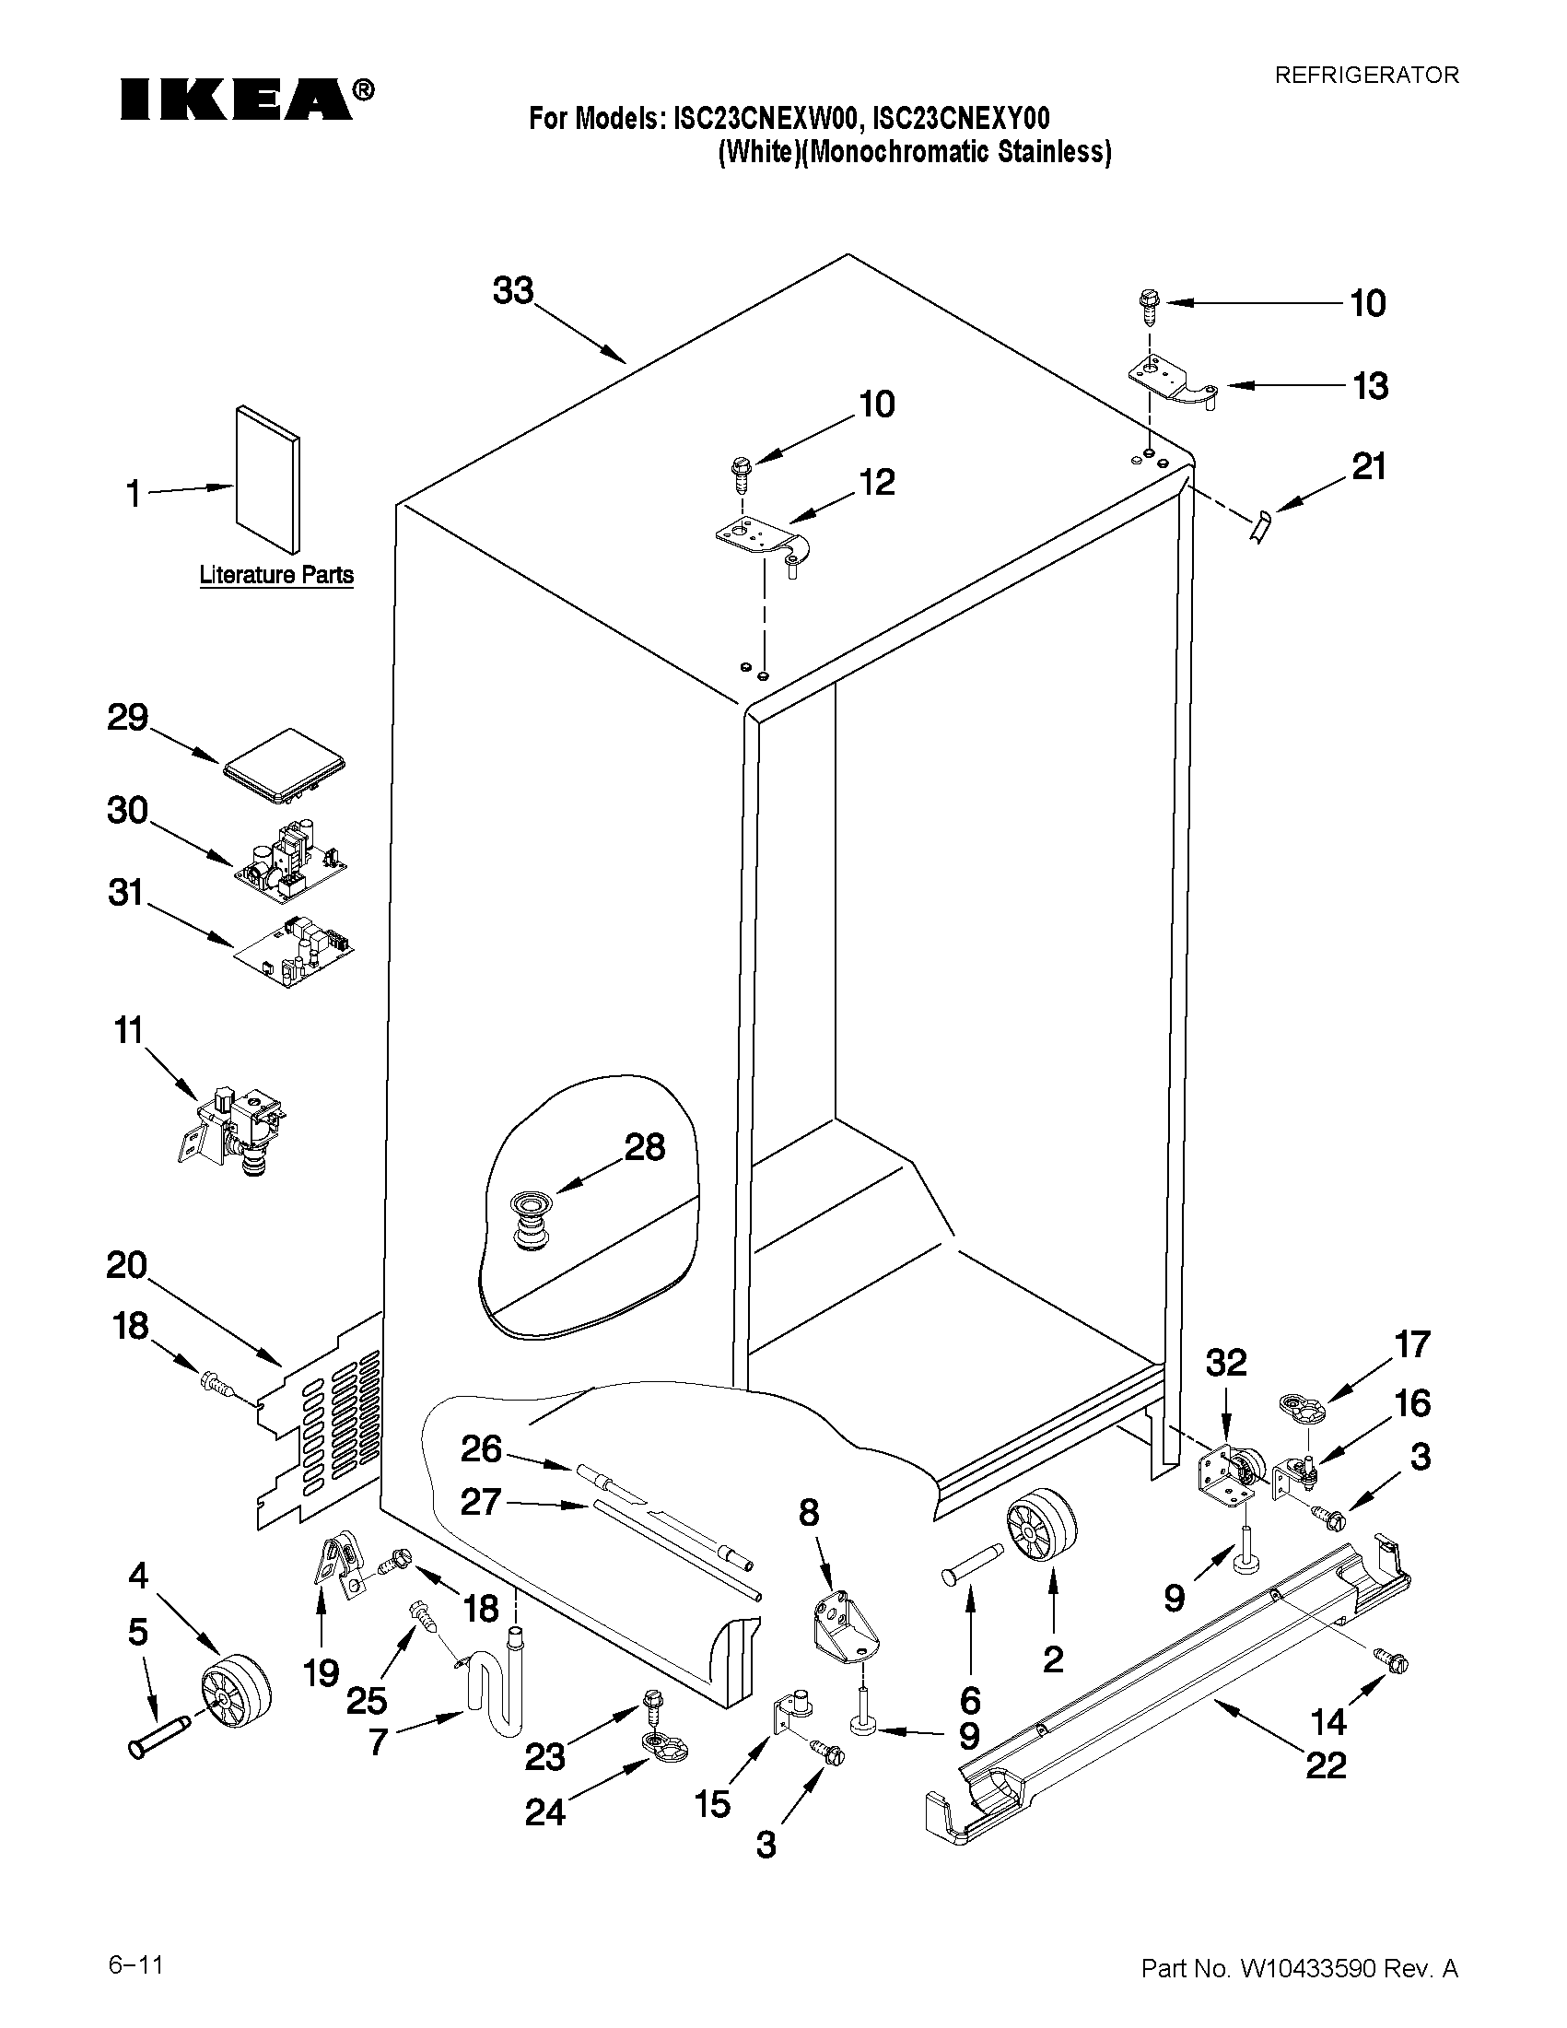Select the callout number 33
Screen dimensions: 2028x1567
coord(513,290)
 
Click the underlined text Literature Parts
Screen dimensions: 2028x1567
coord(276,575)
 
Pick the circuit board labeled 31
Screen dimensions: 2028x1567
coord(295,951)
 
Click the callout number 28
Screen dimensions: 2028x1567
coord(644,1148)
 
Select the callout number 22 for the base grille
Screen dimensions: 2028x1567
coord(1326,1764)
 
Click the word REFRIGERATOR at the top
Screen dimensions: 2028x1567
coord(1365,76)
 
